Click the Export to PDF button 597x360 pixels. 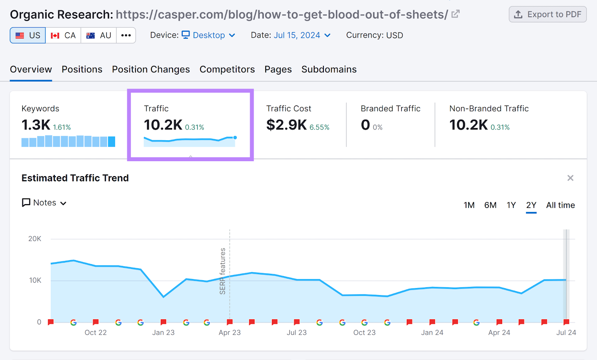tap(547, 15)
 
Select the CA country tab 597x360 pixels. tap(63, 35)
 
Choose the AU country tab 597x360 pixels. tap(99, 35)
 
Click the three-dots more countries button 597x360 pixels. tap(126, 35)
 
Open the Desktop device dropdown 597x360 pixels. tap(208, 35)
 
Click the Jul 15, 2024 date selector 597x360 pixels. tap(302, 35)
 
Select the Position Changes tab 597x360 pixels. tap(151, 69)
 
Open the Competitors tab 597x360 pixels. tap(227, 69)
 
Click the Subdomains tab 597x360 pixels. tap(329, 69)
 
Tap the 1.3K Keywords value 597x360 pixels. tap(36, 125)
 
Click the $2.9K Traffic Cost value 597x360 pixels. tap(286, 125)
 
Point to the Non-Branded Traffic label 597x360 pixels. tap(489, 109)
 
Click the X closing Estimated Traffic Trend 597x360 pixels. tap(570, 178)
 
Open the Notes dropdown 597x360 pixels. tap(44, 203)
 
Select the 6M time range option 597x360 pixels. tap(490, 205)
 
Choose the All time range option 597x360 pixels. tap(560, 205)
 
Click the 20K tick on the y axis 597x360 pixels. tap(35, 239)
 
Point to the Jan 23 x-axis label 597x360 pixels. tap(163, 332)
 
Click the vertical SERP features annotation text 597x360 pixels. tap(223, 271)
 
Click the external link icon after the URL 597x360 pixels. tap(455, 14)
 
